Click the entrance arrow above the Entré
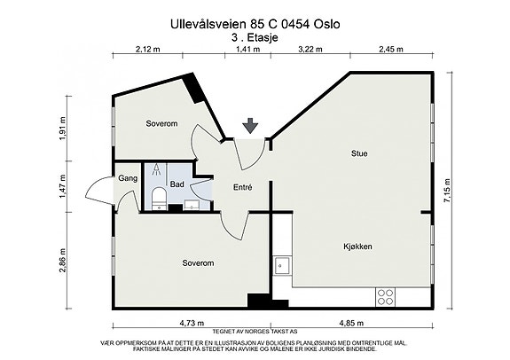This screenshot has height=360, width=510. [x=250, y=126]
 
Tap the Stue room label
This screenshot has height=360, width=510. [x=359, y=153]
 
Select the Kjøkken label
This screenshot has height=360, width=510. [x=357, y=247]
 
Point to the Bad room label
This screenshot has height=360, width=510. [x=177, y=184]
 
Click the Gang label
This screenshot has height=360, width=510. [x=128, y=178]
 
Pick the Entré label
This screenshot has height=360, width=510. [x=243, y=187]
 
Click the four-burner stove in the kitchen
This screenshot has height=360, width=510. [x=386, y=297]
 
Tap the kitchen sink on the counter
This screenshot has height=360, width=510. [x=282, y=266]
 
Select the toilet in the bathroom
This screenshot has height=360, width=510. [x=159, y=199]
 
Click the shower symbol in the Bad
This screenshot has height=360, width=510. [x=157, y=169]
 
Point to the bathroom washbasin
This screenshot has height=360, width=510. [x=192, y=205]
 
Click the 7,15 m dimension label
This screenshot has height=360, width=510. [x=447, y=191]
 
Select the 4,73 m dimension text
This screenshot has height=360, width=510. [x=192, y=323]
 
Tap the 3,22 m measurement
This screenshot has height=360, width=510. [x=310, y=49]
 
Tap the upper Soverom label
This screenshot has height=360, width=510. [x=161, y=123]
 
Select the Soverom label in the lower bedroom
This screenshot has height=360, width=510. [x=198, y=262]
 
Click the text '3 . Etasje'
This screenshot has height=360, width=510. [x=255, y=38]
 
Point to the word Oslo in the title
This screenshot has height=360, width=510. [x=326, y=24]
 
